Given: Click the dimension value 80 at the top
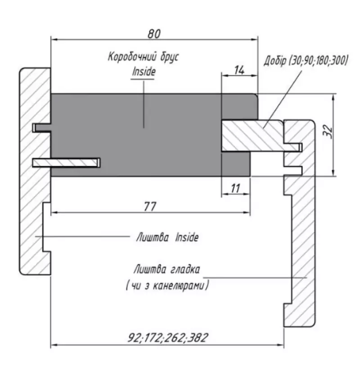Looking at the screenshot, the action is pos(154,34).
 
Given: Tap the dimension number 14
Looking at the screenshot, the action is pos(239,70).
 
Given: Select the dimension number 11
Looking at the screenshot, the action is pos(235,188).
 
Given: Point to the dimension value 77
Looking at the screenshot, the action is pos(150,206).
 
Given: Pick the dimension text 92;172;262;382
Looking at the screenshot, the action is pos(167,337).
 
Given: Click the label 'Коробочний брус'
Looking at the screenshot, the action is pos(144,57).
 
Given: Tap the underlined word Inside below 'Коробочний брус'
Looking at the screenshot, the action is pos(144,72).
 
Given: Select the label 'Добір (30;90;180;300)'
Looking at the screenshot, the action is pos(306,60).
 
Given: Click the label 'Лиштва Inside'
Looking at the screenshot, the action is pos(167,237).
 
